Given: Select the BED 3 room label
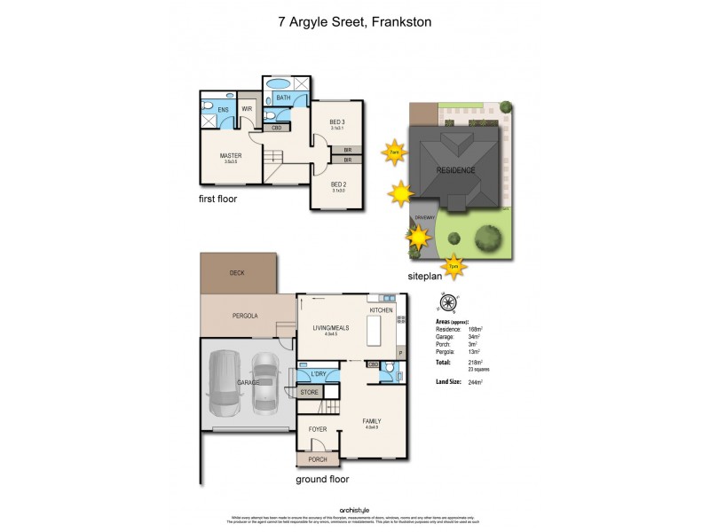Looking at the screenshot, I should pos(337,121).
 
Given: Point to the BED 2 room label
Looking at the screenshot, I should pos(337,184).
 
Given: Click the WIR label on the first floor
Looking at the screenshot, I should pos(248,110).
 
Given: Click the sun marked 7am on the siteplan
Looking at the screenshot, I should pos(394,153).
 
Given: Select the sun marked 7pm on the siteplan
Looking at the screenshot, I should pos(454,265).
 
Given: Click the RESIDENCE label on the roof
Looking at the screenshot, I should pos(455,170).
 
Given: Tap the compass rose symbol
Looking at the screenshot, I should pos(450,301).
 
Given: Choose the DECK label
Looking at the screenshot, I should pos(237,273).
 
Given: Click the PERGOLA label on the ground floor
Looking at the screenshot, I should pos(245,315).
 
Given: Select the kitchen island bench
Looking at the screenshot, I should pos(373,332).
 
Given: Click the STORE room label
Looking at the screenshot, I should pos(310,391).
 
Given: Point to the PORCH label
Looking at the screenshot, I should pos(318,459).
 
